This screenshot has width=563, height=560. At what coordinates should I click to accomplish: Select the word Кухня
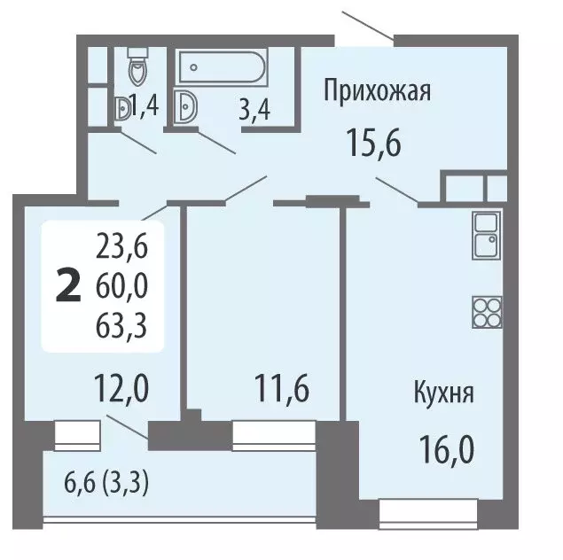[442, 393]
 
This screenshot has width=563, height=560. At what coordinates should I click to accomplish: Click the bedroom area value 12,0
[121, 387]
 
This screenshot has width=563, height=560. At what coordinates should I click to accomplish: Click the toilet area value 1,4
[145, 109]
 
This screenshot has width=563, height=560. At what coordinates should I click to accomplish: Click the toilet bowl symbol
[137, 66]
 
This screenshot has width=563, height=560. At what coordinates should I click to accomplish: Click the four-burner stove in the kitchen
[487, 311]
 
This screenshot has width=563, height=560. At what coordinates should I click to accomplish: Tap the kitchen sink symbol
[487, 236]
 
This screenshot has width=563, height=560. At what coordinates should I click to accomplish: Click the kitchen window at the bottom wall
[416, 511]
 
